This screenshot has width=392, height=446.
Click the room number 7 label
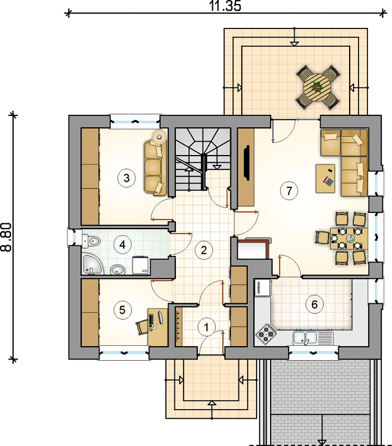click(x=289, y=191)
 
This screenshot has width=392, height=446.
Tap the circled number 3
click(x=126, y=178)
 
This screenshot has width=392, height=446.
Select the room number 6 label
click(x=315, y=304)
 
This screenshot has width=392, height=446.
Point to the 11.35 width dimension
click(x=226, y=6)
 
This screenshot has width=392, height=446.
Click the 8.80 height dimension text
click(x=6, y=237)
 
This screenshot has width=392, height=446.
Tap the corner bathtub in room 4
click(x=92, y=264)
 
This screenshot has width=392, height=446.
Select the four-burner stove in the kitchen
click(x=266, y=333)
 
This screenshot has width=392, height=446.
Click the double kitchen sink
click(x=305, y=338)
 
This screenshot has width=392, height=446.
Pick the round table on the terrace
click(x=317, y=87)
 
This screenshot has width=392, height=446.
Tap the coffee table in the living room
click(x=325, y=178)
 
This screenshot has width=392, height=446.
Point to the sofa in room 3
click(x=155, y=168)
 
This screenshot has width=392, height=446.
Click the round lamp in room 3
click(x=159, y=137)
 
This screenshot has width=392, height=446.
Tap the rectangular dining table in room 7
click(x=349, y=238)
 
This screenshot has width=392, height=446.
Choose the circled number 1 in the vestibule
click(x=207, y=327)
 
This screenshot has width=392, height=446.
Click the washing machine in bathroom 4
click(x=141, y=265)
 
